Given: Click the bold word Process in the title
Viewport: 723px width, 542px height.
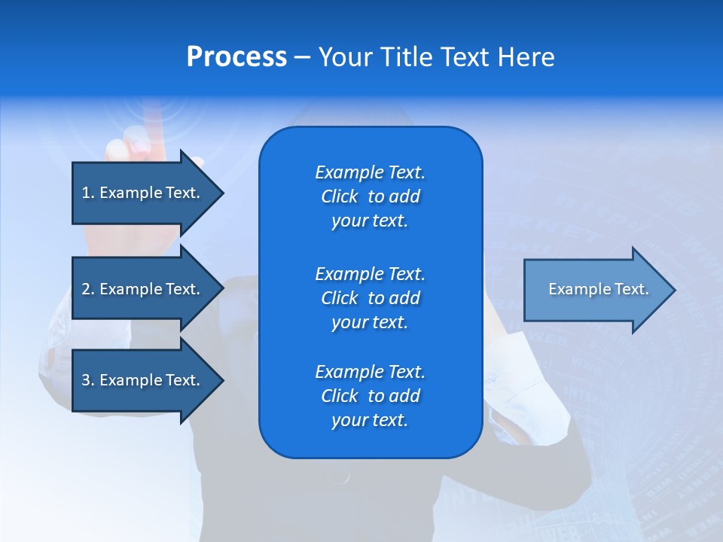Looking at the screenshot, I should coord(236,57).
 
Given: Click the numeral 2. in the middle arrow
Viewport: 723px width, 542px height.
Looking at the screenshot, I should coord(88,289).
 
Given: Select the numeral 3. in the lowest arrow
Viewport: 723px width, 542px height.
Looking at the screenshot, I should coord(88,380).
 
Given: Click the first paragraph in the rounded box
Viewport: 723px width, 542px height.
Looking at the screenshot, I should coord(370,196).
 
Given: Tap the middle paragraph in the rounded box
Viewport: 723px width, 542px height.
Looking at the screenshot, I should coord(370,298).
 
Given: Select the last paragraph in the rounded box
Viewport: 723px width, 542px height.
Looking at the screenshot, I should coord(370,396).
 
